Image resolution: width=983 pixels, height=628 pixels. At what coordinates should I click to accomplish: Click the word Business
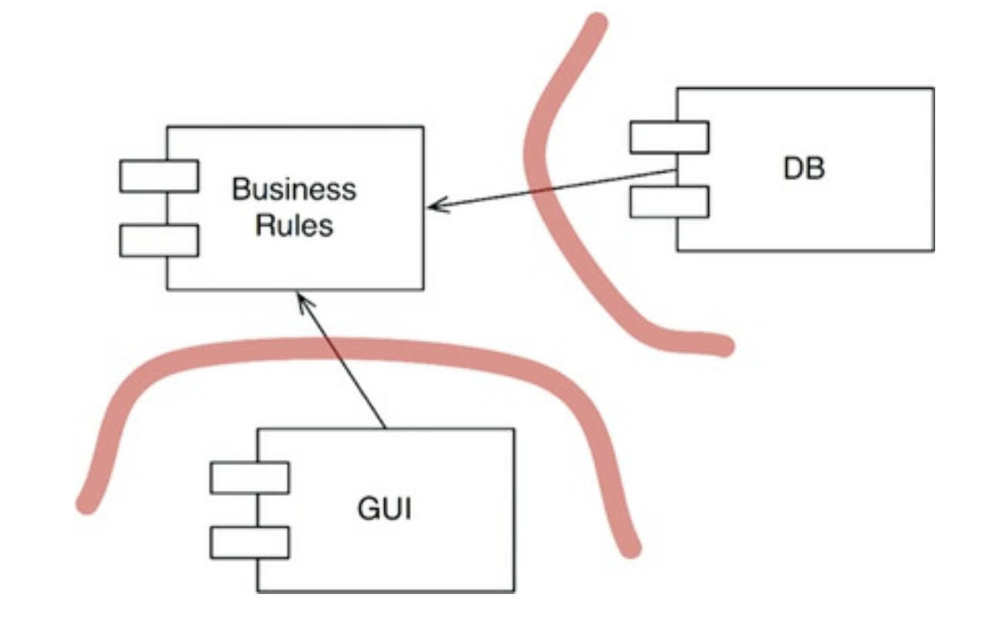294,190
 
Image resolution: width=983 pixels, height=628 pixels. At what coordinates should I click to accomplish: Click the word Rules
294,225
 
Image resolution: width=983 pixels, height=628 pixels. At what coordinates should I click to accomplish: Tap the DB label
804,169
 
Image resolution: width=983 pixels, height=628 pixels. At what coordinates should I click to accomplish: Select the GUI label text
384,510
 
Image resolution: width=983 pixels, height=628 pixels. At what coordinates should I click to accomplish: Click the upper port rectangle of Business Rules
159,176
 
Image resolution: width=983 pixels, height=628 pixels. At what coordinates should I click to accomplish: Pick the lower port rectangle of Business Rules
159,241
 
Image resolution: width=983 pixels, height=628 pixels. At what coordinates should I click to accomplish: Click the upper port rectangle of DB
669,137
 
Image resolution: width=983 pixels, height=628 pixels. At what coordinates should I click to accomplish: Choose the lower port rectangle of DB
669,202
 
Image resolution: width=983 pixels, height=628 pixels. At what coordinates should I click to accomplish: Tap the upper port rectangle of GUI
249,478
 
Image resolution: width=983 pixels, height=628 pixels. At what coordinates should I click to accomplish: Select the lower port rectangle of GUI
249,542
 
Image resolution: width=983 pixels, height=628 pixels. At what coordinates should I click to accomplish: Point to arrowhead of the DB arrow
431,206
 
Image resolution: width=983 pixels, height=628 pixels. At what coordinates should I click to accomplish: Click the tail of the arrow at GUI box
384,428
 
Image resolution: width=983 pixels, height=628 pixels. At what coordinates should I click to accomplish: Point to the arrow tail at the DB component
677,171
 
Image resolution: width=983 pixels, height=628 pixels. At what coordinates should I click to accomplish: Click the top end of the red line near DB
595,23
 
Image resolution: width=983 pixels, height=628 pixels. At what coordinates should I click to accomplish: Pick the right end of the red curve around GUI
630,548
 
